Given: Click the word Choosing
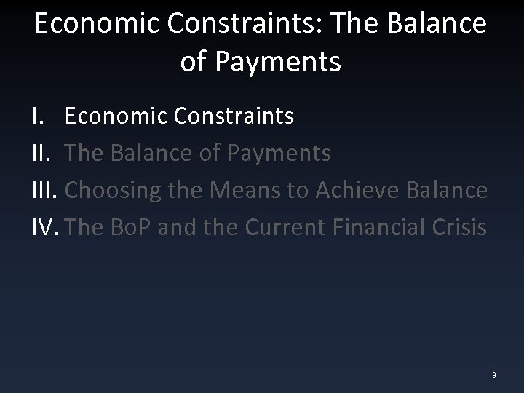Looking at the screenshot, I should pyautogui.click(x=116, y=191).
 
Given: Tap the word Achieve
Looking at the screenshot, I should pyautogui.click(x=356, y=191).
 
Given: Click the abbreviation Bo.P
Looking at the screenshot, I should pyautogui.click(x=134, y=228).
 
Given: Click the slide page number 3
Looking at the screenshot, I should pyautogui.click(x=493, y=374).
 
